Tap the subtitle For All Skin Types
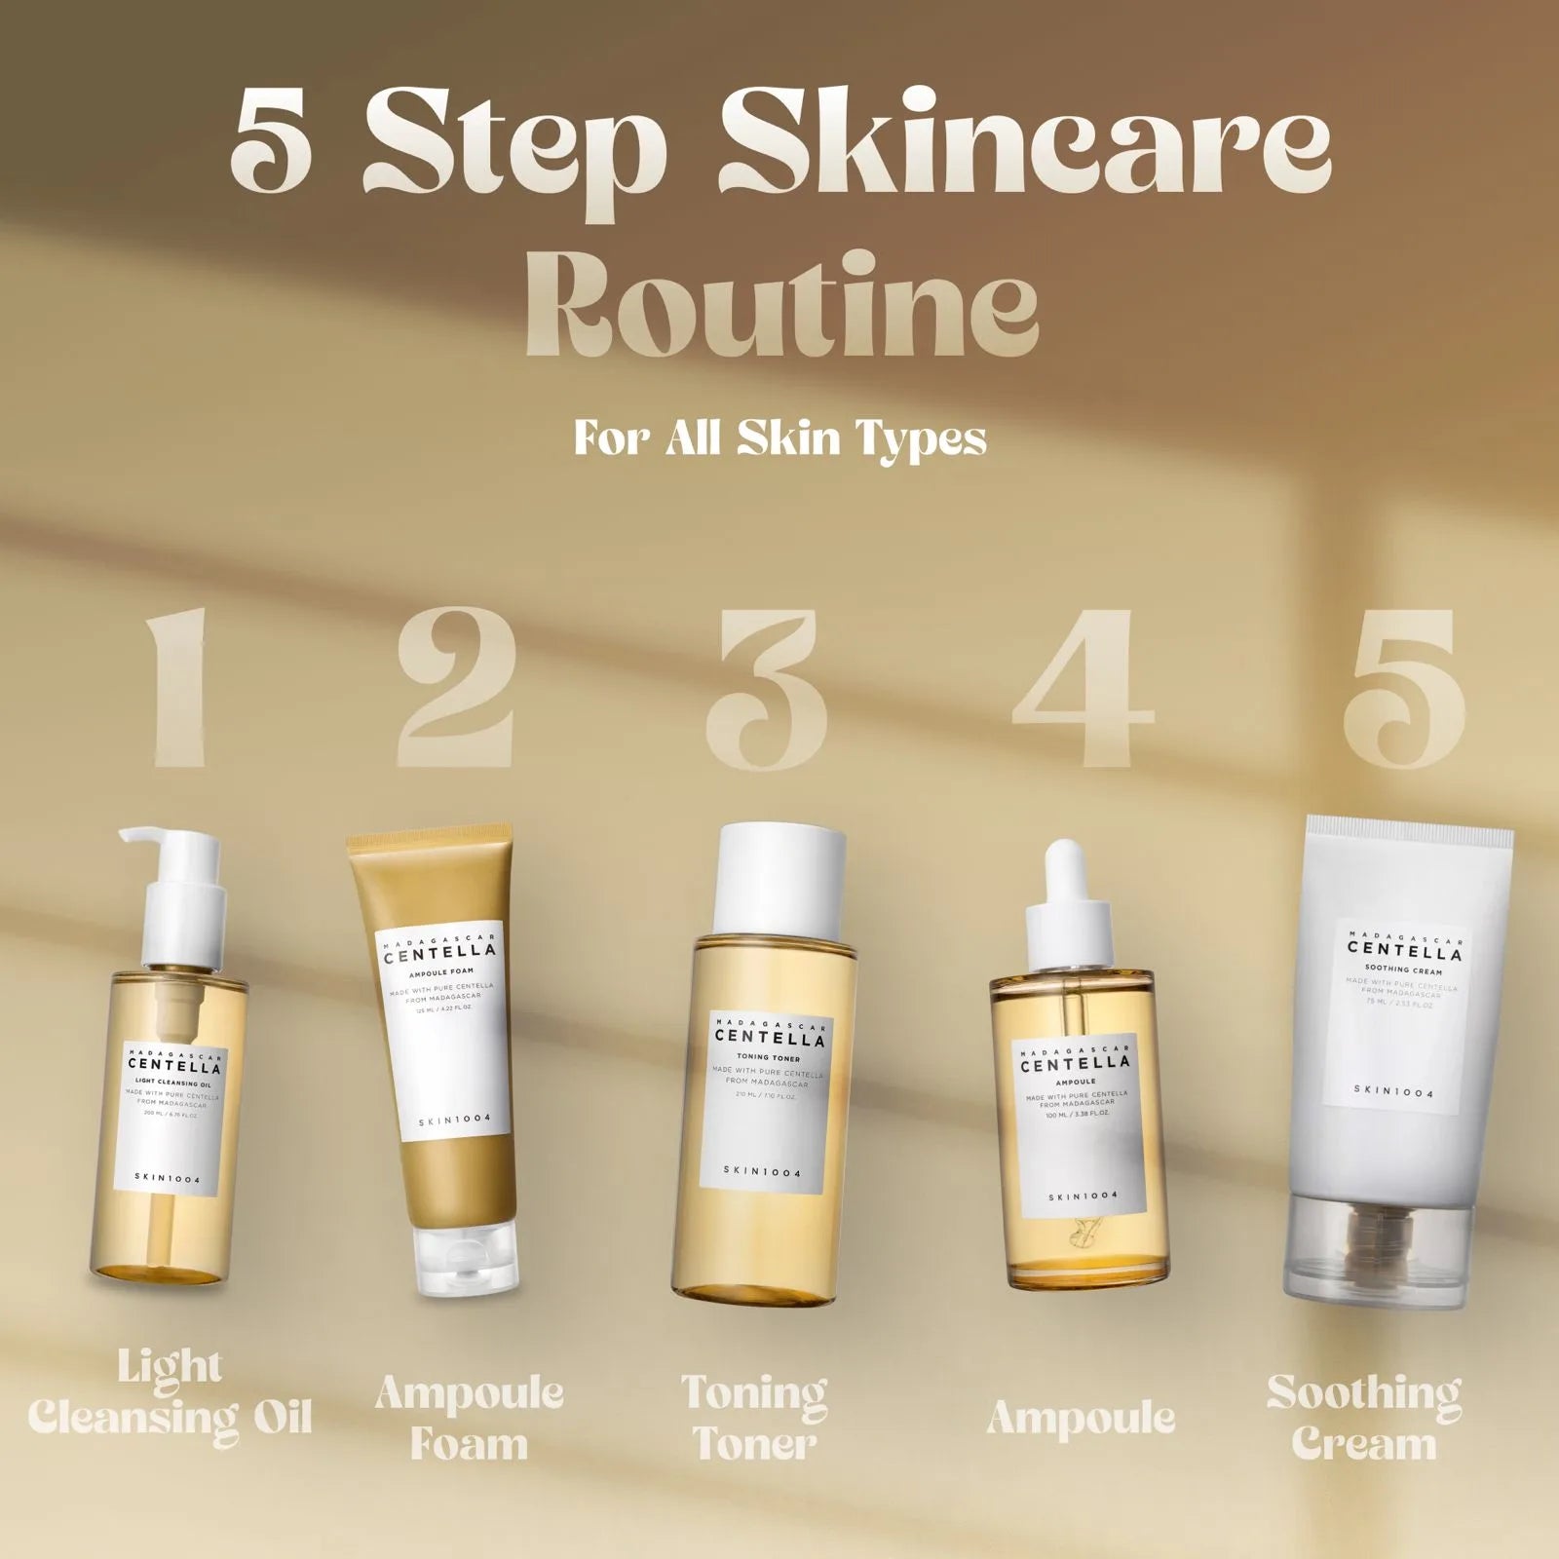tap(779, 437)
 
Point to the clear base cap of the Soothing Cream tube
tap(1375, 1252)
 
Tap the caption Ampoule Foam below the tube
tap(469, 1418)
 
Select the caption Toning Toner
tap(754, 1418)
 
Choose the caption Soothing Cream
tap(1364, 1418)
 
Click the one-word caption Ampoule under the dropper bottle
tap(1081, 1418)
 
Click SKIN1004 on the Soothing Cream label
tap(1393, 1092)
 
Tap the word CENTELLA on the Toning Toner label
tap(770, 1038)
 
